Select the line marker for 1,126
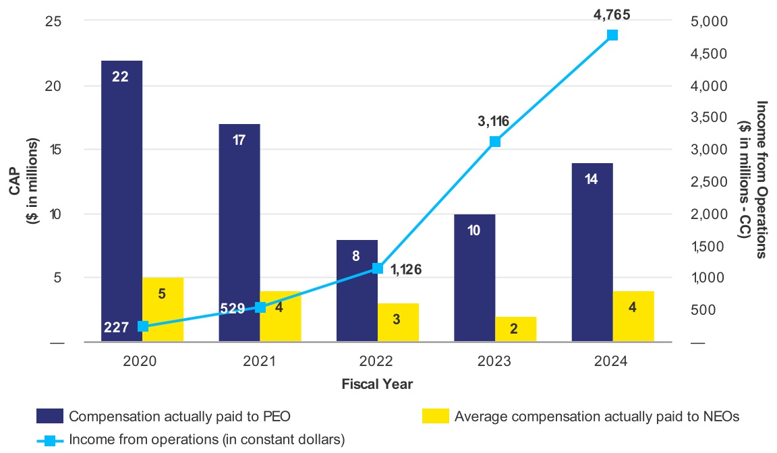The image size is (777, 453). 378,268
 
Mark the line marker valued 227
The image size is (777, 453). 142,326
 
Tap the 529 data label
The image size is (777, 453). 233,308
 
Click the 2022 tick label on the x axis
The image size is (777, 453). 377,361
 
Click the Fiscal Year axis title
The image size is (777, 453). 377,384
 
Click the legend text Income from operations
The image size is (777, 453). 206,440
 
